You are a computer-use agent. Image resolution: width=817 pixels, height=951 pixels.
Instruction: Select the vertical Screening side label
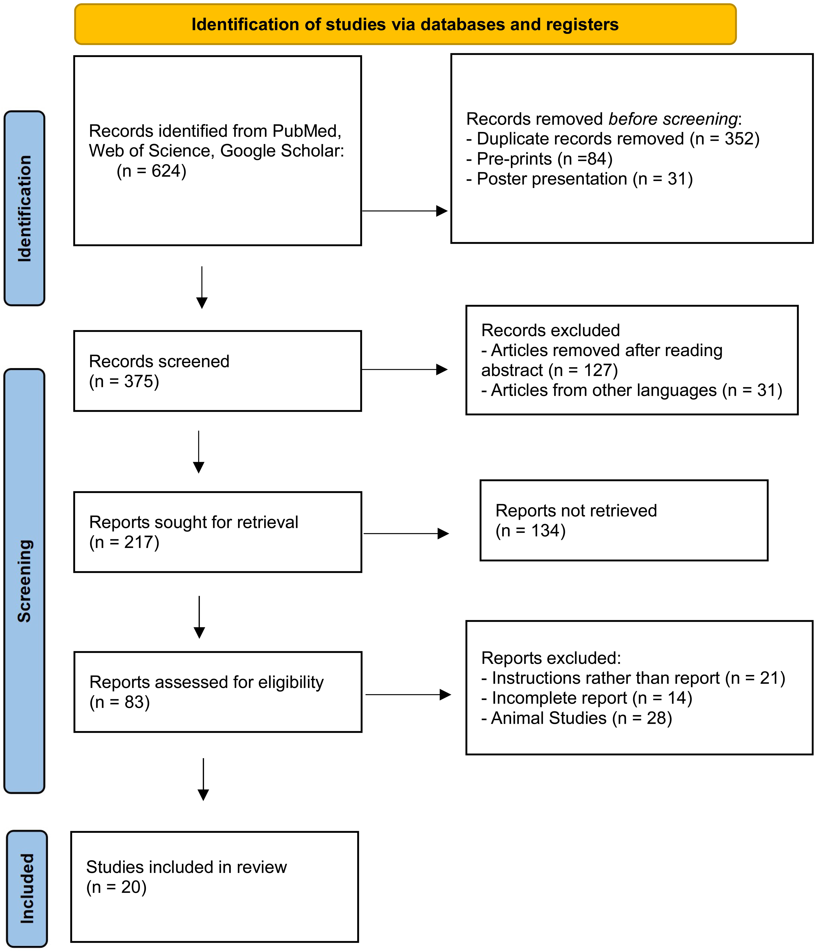(x=24, y=581)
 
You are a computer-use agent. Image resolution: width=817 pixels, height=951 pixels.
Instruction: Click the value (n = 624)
(x=151, y=171)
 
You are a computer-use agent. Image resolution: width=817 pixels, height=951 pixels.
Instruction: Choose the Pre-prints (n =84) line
(x=539, y=159)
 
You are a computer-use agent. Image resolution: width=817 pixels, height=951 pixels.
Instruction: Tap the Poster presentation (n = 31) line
(x=579, y=179)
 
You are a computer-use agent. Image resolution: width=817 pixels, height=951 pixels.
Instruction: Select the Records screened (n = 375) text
(x=159, y=371)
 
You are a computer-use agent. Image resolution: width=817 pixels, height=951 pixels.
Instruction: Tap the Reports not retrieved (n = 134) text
(x=576, y=520)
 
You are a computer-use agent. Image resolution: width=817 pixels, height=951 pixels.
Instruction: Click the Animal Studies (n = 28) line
(x=576, y=718)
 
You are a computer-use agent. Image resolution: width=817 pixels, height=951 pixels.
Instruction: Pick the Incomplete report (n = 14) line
(x=587, y=698)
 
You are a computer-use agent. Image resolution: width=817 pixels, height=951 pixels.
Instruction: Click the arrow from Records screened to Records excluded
(x=404, y=370)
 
